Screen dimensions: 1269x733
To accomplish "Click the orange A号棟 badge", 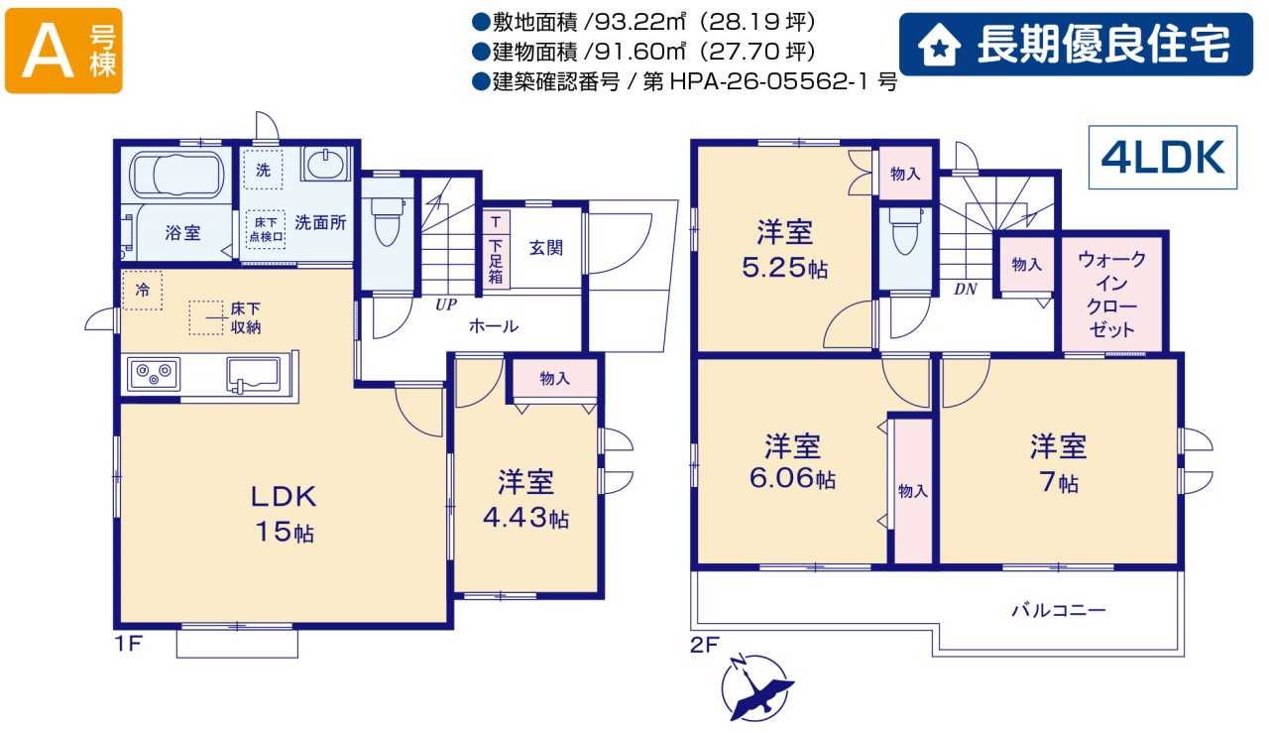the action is pos(63,51).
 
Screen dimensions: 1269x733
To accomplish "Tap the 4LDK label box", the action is pos(1163,157).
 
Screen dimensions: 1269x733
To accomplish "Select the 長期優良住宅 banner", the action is pos(1076,45).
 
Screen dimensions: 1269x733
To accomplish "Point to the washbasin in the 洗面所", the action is pos(325,164).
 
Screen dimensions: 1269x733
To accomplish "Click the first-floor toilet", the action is pos(388,221).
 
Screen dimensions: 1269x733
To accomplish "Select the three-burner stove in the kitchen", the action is pos(154,374).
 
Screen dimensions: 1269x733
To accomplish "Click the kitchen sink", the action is pos(253,374).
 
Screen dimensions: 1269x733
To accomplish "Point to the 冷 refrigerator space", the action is pos(143,291).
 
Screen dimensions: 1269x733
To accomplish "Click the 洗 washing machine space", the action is pos(263,170).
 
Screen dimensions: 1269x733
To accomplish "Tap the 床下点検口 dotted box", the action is pos(266,229).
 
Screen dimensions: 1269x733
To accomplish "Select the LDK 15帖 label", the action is pos(284,514).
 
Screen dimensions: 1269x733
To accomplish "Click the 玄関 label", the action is pos(546,248).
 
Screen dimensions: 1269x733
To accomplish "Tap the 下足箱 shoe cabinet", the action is pos(497,249).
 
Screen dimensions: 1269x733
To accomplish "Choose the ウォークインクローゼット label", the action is pos(1111,295).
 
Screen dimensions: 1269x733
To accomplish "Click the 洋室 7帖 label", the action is pos(1058,463).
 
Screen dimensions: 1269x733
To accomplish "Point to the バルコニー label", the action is pos(1058,610).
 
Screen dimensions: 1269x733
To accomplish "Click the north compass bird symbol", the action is pos(757,688).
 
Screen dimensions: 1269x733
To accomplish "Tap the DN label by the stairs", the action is pos(966,289).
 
